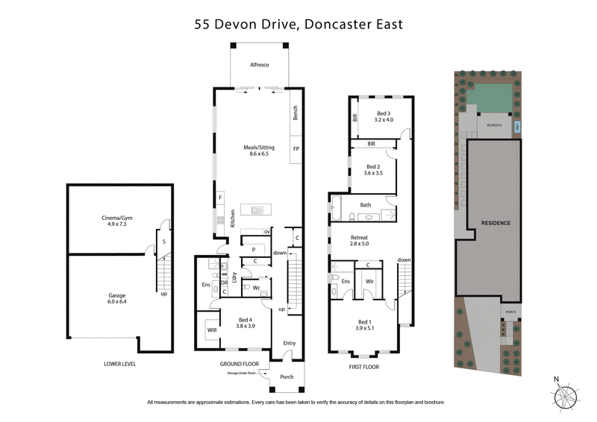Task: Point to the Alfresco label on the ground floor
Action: [x=259, y=66]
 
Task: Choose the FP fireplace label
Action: [x=296, y=149]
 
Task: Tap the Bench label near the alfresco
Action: [x=296, y=113]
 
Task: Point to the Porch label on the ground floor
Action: [x=287, y=377]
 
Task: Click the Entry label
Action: [x=289, y=343]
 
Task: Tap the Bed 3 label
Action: [x=384, y=116]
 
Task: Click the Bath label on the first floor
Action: [x=366, y=204]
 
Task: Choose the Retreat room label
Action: [x=360, y=239]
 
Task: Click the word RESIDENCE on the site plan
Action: [x=495, y=223]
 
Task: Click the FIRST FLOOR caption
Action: [x=364, y=367]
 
